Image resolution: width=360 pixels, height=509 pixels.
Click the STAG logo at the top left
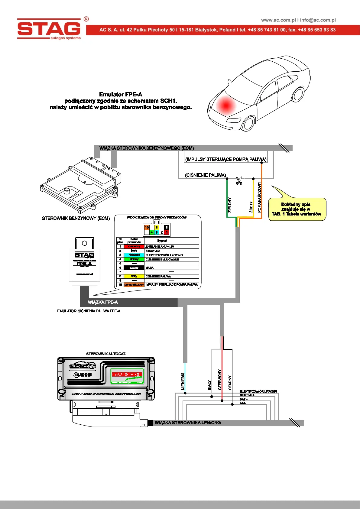(x=49, y=29)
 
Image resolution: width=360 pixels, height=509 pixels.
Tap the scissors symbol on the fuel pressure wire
(x=239, y=181)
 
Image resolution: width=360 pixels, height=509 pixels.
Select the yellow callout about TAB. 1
(x=297, y=209)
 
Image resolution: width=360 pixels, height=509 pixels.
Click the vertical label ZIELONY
(x=230, y=205)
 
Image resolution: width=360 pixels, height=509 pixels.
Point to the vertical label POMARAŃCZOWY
(x=259, y=197)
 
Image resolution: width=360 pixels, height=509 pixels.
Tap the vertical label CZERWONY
(x=220, y=379)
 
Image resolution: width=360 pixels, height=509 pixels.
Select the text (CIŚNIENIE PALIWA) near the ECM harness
(x=206, y=175)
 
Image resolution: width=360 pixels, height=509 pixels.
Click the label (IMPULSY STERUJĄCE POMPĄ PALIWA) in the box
(x=226, y=159)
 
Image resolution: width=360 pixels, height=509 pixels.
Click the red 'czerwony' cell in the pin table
(x=134, y=247)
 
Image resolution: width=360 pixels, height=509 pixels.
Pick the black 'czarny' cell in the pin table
(x=134, y=268)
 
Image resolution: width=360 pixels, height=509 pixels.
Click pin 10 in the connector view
(x=147, y=227)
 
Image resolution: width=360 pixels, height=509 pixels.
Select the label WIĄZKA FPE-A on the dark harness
(x=103, y=302)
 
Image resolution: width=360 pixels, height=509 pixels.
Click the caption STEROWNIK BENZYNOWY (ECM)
(x=76, y=218)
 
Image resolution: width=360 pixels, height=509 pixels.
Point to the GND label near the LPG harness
(x=243, y=403)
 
